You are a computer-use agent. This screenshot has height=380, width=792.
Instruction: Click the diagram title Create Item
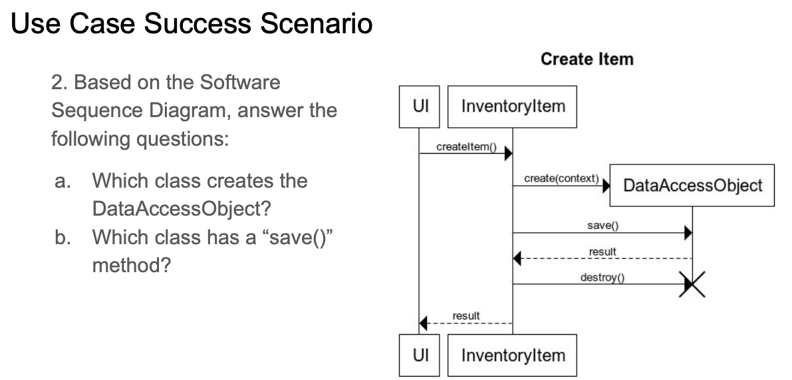click(587, 59)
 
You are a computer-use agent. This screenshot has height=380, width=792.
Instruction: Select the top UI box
click(419, 106)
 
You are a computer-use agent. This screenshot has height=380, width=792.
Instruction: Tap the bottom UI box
click(419, 355)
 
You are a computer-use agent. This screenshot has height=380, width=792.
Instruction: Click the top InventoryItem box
click(513, 106)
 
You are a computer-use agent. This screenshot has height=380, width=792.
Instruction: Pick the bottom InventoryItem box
click(513, 355)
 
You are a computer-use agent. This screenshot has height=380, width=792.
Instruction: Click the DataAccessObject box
click(692, 185)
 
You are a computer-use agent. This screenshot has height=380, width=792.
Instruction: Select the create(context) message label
click(561, 179)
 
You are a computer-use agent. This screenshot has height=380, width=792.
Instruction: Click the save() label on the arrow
click(602, 226)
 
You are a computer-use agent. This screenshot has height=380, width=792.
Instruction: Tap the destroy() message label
click(602, 278)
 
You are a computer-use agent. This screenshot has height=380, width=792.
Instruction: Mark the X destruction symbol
click(692, 285)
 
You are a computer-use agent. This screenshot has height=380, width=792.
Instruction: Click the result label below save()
click(602, 252)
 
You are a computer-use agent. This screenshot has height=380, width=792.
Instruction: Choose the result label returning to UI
click(466, 315)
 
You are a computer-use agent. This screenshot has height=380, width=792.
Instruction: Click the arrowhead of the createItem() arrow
click(508, 154)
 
